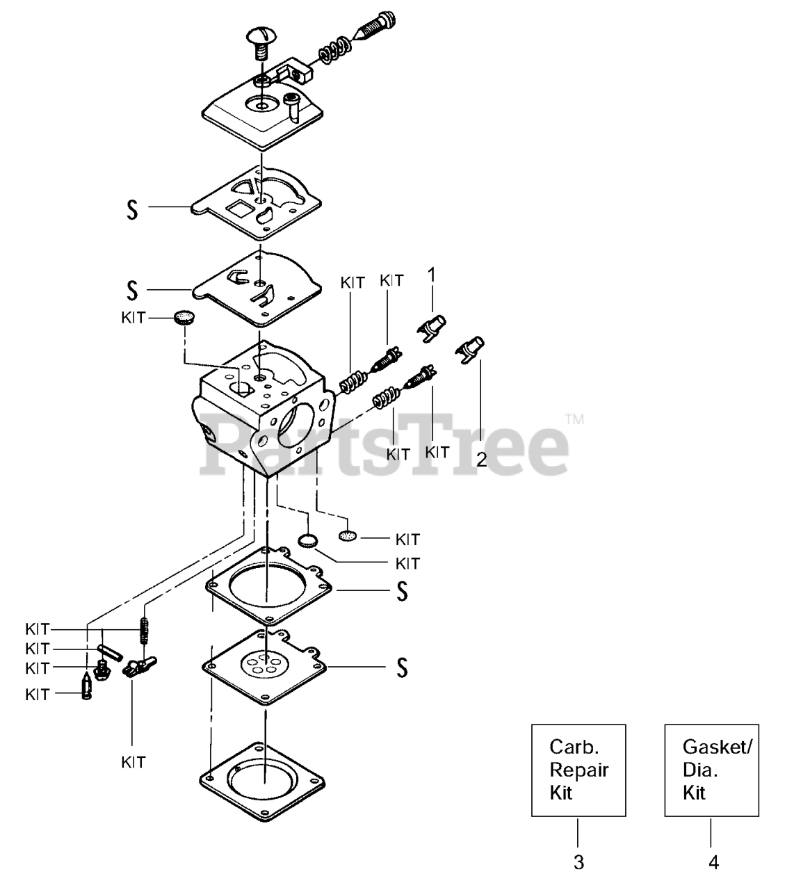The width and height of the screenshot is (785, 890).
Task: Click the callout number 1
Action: tap(432, 275)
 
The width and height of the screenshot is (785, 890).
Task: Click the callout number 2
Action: tap(481, 459)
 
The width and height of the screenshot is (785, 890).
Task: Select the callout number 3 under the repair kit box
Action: tap(578, 863)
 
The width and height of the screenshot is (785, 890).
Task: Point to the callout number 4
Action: tap(713, 863)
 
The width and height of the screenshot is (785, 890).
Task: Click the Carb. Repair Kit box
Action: tap(578, 770)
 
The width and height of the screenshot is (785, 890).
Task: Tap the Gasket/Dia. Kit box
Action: tap(711, 770)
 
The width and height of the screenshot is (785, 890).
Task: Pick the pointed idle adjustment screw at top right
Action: tap(376, 31)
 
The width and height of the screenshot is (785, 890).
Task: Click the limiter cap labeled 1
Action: tap(432, 326)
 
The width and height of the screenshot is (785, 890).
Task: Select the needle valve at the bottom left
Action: tap(86, 688)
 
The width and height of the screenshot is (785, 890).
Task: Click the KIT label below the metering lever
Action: tap(133, 762)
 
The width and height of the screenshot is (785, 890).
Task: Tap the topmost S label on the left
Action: tap(132, 210)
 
